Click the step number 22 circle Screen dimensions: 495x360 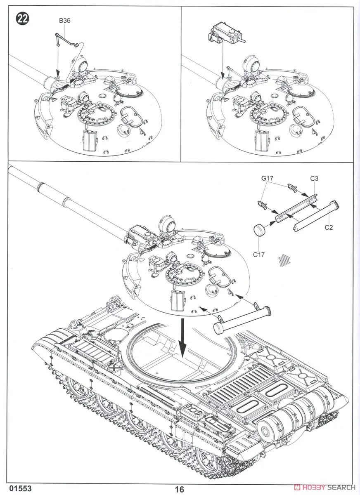tap(22, 19)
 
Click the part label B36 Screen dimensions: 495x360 tap(65, 20)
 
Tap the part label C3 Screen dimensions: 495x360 tap(314, 179)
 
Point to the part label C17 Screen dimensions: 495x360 tap(259, 255)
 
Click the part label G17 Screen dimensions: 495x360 tap(267, 179)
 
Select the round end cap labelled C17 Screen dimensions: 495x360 tap(259, 229)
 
